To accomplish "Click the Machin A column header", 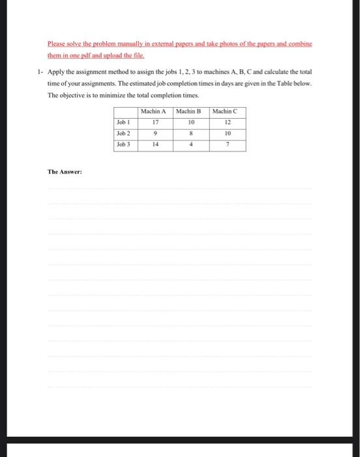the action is point(155,111).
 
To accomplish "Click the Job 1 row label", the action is point(123,122).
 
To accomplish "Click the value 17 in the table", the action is point(155,122).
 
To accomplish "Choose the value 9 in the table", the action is point(155,133).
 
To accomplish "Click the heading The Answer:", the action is point(64,172).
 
